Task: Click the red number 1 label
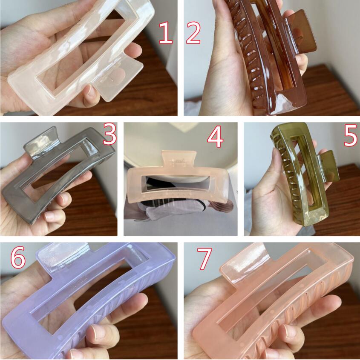click(x=166, y=32)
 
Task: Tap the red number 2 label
click(x=193, y=32)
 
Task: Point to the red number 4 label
click(x=215, y=137)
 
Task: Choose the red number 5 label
click(x=351, y=135)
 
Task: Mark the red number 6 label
click(x=18, y=257)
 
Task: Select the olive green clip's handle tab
click(x=328, y=167)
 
